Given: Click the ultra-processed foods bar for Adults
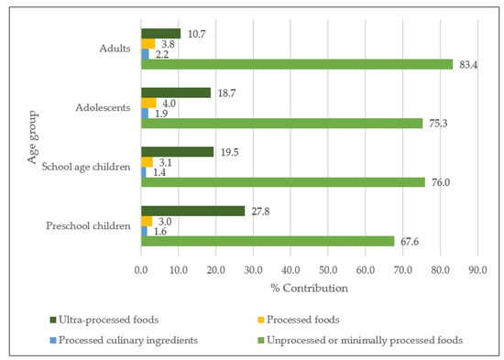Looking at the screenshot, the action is click(160, 34).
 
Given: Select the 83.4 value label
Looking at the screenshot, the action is click(468, 65).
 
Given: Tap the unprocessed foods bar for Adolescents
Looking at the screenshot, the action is click(282, 124).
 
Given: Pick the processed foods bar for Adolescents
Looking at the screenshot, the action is click(148, 104).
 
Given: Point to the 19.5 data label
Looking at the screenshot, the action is click(229, 152).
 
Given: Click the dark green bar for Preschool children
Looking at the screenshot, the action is click(192, 212).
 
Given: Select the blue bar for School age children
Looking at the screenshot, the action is click(144, 172).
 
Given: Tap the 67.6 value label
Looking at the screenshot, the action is click(410, 242).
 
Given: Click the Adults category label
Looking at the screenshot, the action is click(115, 49).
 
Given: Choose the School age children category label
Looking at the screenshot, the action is click(86, 167).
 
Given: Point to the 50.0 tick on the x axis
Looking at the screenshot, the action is click(328, 269).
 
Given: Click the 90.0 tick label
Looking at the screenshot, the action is click(477, 269).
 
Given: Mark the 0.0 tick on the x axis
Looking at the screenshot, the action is click(141, 269).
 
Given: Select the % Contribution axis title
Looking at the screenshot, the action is click(309, 288).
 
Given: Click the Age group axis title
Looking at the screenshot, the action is click(33, 137).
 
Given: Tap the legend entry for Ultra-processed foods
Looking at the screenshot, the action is click(104, 320).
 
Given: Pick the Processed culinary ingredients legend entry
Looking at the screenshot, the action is click(124, 340).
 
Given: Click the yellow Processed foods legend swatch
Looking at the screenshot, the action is click(260, 320).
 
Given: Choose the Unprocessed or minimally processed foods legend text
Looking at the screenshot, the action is click(365, 340).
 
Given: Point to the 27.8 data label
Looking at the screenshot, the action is click(260, 212).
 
